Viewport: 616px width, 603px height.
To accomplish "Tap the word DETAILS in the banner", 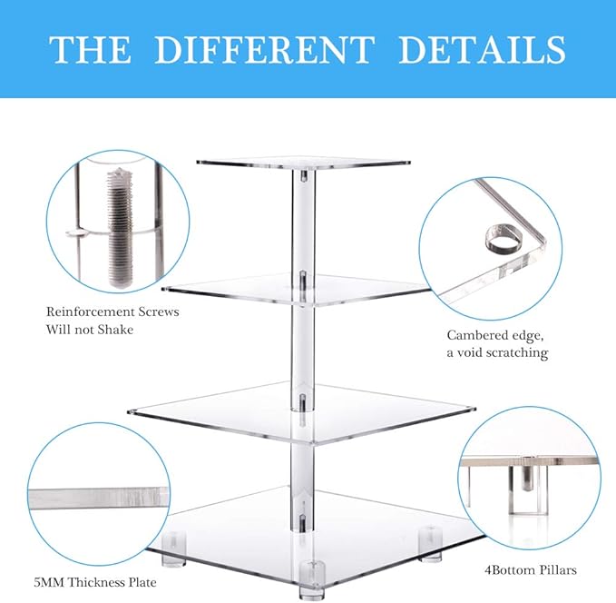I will pos(482,49).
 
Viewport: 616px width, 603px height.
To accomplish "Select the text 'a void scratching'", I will pos(497,352).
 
